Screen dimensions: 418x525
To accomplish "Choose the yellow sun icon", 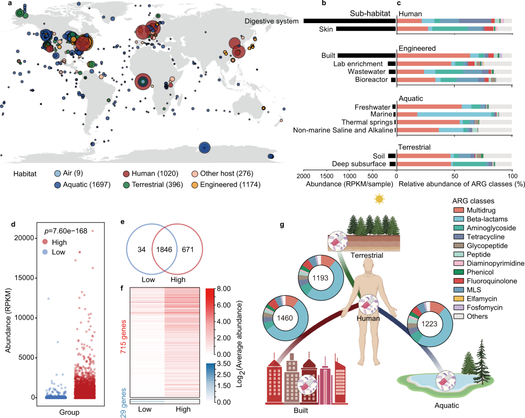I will click(x=378, y=199).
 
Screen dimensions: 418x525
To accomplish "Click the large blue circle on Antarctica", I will click(x=204, y=148).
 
